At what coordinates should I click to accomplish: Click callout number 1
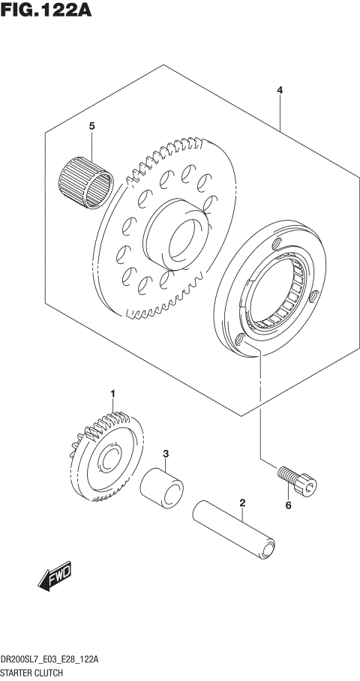(x=113, y=394)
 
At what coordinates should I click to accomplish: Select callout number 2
(x=243, y=503)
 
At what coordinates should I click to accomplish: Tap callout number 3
(x=166, y=454)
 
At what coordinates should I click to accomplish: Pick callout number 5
(x=91, y=127)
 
